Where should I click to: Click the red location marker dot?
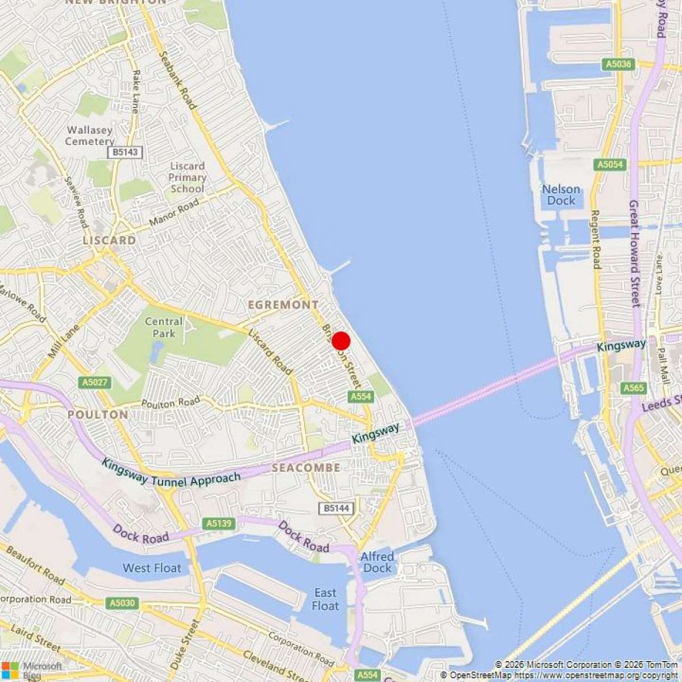click(x=340, y=341)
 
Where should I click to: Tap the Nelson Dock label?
click(x=561, y=195)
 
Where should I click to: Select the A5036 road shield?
click(x=618, y=64)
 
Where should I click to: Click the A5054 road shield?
click(x=610, y=165)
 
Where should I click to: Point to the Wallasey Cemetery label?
click(x=90, y=136)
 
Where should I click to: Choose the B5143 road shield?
click(x=126, y=152)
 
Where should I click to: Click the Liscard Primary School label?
click(x=187, y=177)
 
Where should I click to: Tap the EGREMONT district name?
click(x=283, y=305)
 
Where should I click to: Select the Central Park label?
click(x=164, y=327)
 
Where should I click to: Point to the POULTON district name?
click(x=98, y=415)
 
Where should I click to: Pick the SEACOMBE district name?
click(x=306, y=468)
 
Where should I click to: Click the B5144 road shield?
click(x=336, y=508)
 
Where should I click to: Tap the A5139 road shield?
click(x=219, y=523)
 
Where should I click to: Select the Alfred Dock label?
click(x=377, y=562)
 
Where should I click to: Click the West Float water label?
click(x=152, y=568)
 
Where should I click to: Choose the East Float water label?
click(x=326, y=600)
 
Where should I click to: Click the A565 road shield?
click(x=633, y=388)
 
